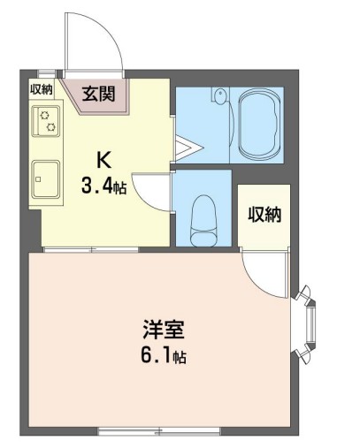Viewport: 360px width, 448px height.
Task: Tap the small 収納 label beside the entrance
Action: click(x=42, y=88)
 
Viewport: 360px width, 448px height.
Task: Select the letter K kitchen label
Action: click(x=103, y=160)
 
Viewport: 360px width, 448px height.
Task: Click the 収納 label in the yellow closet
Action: click(x=263, y=214)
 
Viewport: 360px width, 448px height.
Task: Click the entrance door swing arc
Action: click(x=91, y=40)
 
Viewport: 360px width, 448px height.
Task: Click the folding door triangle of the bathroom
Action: click(x=184, y=148)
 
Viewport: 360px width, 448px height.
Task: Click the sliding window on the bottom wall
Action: click(x=158, y=431)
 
